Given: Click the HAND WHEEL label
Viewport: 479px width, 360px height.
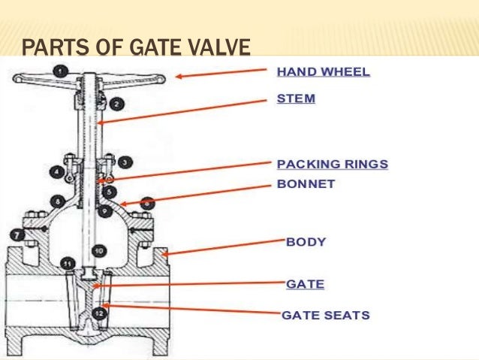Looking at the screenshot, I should [x=324, y=73].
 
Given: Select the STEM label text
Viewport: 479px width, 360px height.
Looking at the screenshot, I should [x=295, y=98].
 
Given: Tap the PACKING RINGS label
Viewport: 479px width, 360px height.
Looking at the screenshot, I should [x=333, y=164].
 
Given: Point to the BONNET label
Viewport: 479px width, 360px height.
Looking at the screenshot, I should [x=306, y=183].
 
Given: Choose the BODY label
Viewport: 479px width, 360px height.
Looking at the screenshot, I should [x=306, y=242].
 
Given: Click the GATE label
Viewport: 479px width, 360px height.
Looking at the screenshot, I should [x=305, y=285].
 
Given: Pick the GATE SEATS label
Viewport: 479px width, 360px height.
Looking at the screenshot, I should [x=326, y=315].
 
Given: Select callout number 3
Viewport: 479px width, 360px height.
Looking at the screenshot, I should [x=124, y=162].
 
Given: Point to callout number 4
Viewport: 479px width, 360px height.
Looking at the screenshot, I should [x=56, y=172].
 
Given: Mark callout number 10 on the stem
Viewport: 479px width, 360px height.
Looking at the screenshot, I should [x=98, y=250].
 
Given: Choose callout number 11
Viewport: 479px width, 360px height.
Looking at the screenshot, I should [x=67, y=264].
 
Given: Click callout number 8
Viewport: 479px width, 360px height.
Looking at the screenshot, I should [x=58, y=201].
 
